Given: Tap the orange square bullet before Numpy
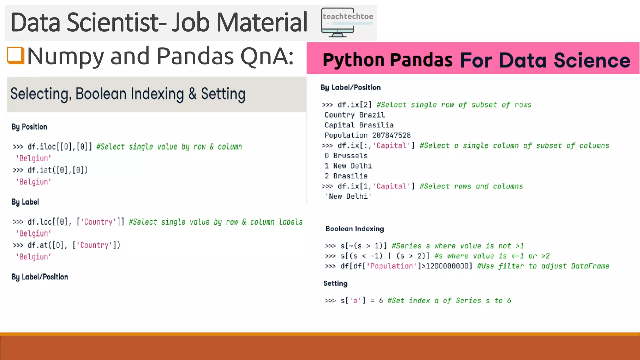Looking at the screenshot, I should click(16, 55).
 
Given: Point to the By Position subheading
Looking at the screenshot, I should click(29, 127).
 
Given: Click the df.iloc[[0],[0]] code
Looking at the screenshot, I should click(60, 147).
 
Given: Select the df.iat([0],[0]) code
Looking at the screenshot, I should click(57, 170).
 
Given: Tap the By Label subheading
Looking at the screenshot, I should click(25, 202).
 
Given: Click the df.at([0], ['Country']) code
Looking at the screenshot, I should click(74, 245).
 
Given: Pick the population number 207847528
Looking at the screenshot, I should click(391, 135).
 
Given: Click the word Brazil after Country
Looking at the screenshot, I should click(372, 115).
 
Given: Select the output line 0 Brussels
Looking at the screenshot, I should click(346, 156).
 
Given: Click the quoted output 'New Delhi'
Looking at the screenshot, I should click(348, 197).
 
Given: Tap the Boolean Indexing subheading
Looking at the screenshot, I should click(355, 229).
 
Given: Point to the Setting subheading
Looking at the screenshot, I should click(335, 283).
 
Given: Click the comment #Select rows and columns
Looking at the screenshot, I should click(471, 187).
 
